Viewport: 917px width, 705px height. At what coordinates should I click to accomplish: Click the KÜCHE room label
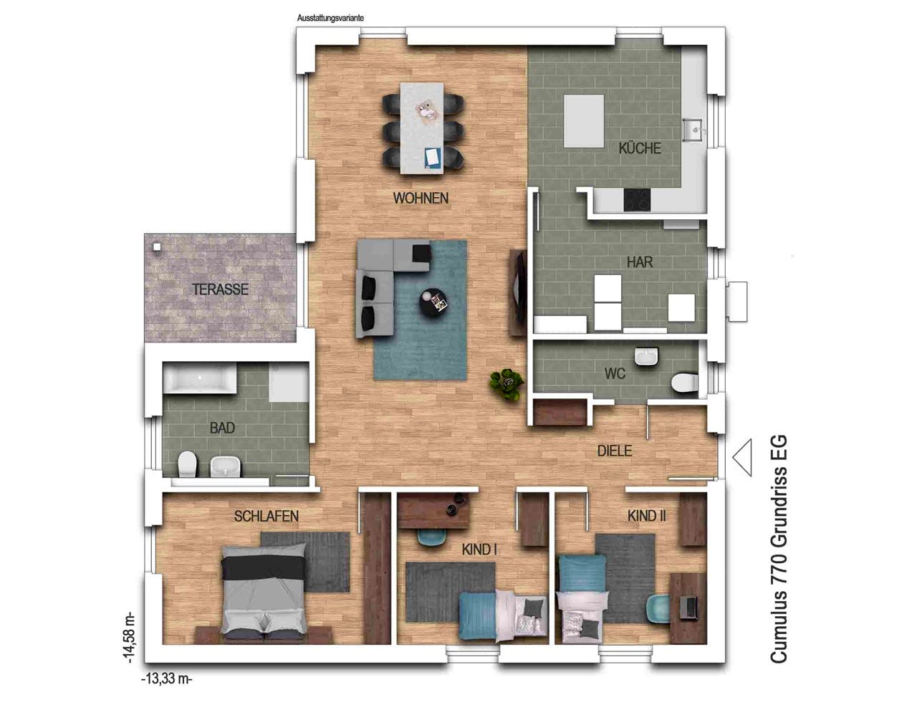click(x=639, y=148)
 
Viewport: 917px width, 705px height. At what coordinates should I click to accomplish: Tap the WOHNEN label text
click(x=421, y=198)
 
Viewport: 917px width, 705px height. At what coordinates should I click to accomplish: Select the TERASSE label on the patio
click(x=220, y=289)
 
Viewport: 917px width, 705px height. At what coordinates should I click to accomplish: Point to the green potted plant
click(x=506, y=385)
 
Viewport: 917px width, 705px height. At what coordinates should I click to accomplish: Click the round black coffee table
click(x=433, y=302)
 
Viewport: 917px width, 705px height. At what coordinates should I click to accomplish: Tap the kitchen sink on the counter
click(x=693, y=129)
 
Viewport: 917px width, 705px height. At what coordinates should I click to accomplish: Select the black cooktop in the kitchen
click(x=637, y=200)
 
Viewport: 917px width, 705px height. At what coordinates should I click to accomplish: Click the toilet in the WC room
click(x=684, y=383)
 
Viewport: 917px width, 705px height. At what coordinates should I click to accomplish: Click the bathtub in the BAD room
click(x=200, y=378)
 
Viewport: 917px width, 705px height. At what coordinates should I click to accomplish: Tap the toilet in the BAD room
click(x=188, y=464)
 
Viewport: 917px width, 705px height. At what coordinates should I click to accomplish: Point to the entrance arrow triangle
click(x=742, y=457)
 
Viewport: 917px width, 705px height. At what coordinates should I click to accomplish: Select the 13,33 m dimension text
click(x=167, y=679)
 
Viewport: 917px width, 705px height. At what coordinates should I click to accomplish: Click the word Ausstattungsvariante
click(x=330, y=18)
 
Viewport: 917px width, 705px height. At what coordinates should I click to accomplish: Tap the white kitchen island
click(x=584, y=120)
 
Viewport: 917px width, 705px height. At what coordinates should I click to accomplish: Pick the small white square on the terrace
click(x=157, y=246)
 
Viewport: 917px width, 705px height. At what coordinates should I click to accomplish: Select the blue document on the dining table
click(x=432, y=158)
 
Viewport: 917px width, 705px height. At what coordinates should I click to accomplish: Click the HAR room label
click(x=640, y=262)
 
